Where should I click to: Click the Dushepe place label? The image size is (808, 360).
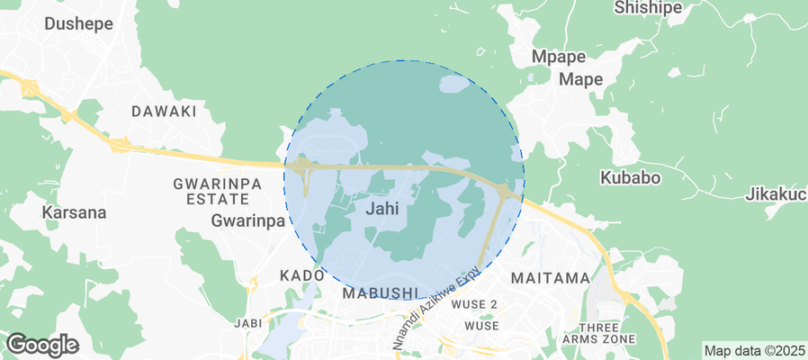pos(79,24)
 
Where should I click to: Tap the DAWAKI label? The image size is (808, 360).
pos(164,112)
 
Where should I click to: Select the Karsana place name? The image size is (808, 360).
pos(74,213)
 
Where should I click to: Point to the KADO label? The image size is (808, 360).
pos(301,274)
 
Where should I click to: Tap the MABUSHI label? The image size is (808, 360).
pos(381,292)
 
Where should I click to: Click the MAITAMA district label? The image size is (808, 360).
pos(550,278)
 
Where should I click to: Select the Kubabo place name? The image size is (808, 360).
pos(630,177)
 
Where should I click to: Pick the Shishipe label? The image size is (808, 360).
pos(647,8)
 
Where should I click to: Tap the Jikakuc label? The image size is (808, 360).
pos(776,194)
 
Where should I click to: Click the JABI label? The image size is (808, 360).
pos(247,323)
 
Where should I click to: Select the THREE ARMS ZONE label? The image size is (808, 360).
pos(598,332)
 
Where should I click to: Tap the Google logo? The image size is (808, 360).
pos(42,344)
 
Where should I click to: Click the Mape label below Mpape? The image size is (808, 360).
pos(581,79)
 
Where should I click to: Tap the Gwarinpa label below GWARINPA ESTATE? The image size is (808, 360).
pos(248,220)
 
